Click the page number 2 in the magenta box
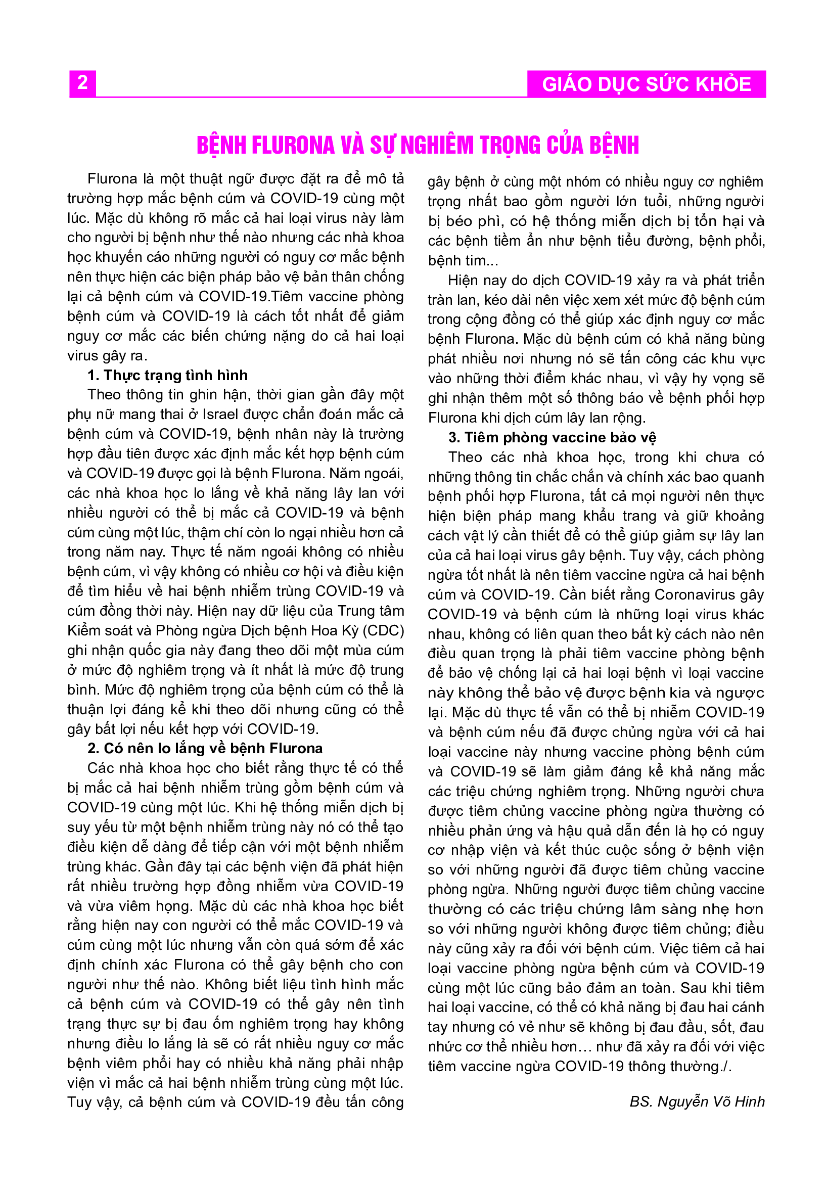click(x=82, y=83)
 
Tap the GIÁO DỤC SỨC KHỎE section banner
click(x=647, y=84)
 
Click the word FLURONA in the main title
click(x=293, y=146)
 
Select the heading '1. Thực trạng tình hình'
click(x=168, y=375)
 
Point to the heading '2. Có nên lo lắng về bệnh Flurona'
click(x=205, y=748)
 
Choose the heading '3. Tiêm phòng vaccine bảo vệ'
click(x=552, y=438)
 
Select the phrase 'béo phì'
click(x=474, y=221)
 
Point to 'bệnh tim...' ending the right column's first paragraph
click(x=457, y=261)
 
